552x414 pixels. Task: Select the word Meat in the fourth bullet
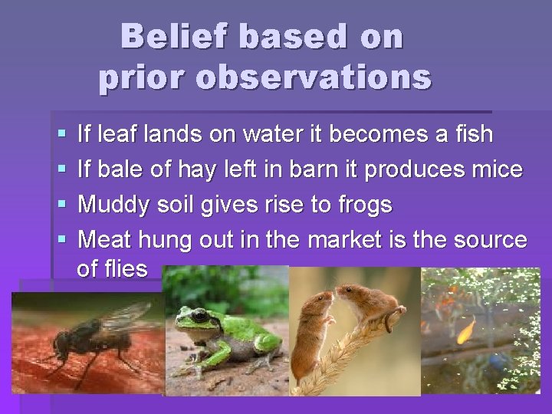[x=103, y=240]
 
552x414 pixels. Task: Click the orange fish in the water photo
[x=465, y=331]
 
